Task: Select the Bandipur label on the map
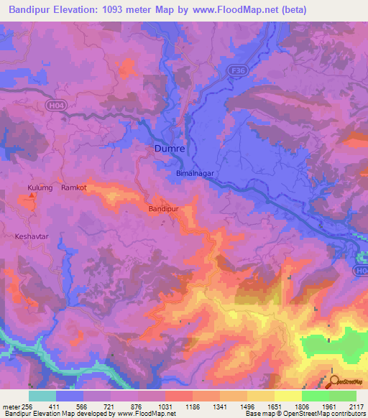pos(162,208)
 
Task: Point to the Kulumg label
pos(40,187)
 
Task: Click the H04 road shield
pos(55,106)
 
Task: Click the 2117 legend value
pos(355,406)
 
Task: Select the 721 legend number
pos(110,406)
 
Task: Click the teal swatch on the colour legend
pos(42,396)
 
